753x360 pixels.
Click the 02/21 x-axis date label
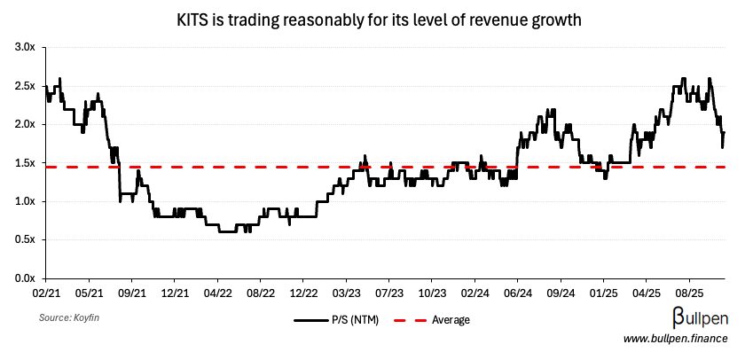[46, 291]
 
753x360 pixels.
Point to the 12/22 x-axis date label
[304, 291]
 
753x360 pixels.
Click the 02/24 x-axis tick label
[475, 291]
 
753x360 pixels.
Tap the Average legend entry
[450, 320]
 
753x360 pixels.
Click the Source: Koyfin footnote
[67, 317]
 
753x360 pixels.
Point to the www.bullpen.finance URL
[676, 339]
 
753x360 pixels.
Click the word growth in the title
[556, 20]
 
